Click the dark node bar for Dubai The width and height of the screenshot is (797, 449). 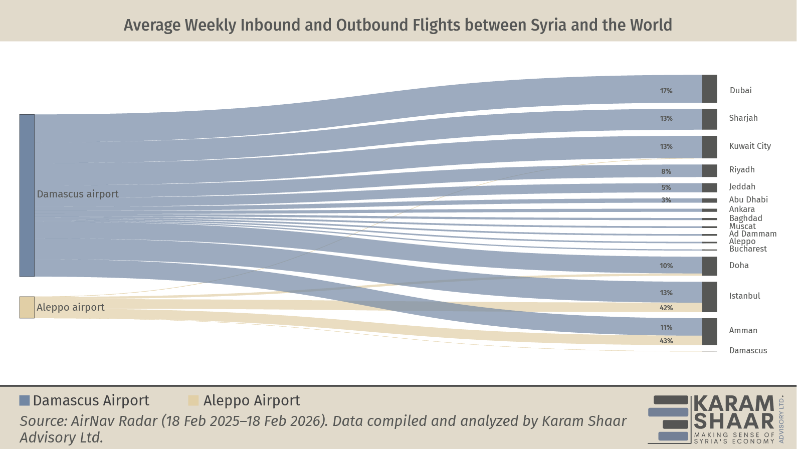pos(709,89)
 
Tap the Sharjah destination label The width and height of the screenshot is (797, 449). pos(743,118)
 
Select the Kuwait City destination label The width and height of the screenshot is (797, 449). pos(749,146)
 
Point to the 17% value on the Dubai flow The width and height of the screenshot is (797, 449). pos(666,91)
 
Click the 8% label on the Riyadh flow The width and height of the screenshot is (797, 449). pos(666,171)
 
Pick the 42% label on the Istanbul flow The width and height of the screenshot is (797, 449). pos(666,308)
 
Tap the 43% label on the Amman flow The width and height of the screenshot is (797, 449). pos(666,341)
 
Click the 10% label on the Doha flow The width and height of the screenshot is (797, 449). pos(666,266)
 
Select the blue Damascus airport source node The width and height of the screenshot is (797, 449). pos(27,195)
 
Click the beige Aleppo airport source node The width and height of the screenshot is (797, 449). pos(27,307)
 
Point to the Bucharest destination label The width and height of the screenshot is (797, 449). pos(747,249)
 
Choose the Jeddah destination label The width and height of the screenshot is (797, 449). pos(742,187)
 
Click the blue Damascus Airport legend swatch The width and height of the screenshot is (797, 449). pos(25,400)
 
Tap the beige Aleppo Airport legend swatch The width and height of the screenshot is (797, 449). pos(193,400)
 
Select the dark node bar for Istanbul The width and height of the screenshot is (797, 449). pos(709,297)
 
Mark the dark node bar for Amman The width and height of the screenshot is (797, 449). pos(709,331)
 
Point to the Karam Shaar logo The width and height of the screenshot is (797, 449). pos(715,419)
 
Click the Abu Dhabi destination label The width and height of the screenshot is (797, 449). pos(748,200)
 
